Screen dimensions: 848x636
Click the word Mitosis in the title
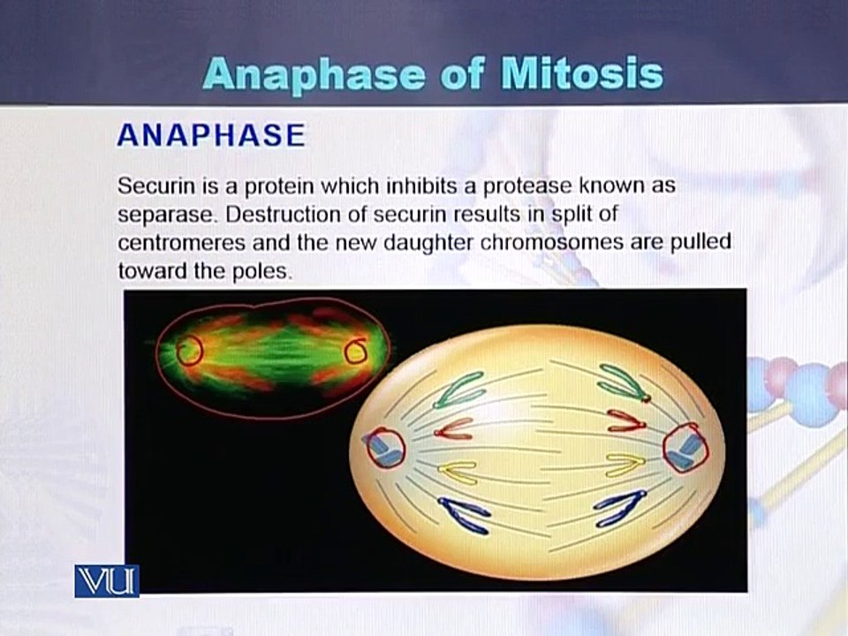[582, 74]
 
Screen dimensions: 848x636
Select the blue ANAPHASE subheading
[211, 135]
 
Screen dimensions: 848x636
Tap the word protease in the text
[528, 187]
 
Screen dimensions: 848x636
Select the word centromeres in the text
[182, 243]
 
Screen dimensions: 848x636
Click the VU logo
[107, 581]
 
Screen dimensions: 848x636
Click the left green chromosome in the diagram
[459, 390]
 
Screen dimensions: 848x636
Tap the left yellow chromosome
[458, 472]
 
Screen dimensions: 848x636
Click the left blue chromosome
[465, 515]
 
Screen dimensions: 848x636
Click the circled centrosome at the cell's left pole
[386, 447]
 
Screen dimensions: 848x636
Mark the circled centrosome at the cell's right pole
[685, 447]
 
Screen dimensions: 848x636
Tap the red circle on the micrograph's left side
[189, 350]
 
